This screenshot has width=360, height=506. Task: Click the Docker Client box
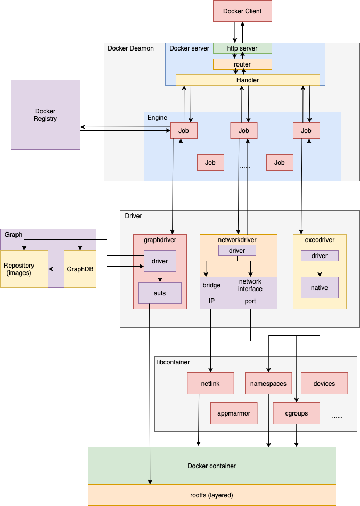(242, 11)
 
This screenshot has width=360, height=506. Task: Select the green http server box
(242, 48)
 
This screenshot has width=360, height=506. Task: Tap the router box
(242, 64)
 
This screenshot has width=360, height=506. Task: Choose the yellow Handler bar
(248, 80)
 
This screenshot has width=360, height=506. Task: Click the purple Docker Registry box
(45, 114)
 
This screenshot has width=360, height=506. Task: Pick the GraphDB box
(80, 269)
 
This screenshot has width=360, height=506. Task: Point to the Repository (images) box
(24, 269)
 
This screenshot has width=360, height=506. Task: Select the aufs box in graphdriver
(160, 293)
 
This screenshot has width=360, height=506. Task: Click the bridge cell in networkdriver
(211, 285)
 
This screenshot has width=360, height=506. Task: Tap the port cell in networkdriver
(250, 301)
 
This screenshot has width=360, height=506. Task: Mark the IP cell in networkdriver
(211, 301)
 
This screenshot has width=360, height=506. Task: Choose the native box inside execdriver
(320, 287)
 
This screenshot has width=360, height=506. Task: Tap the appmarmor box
(234, 413)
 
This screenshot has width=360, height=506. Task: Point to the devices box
(324, 383)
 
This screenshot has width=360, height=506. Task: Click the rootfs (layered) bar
(211, 495)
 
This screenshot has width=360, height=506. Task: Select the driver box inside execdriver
(320, 256)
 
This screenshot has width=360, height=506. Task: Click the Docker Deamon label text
(130, 48)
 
